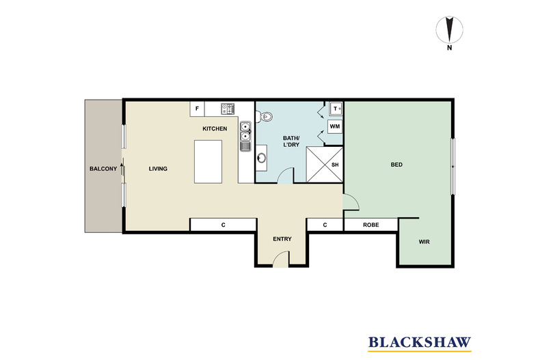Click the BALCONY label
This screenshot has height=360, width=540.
[103, 169]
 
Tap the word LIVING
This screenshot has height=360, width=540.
[158, 169]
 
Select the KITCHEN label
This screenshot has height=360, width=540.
[215, 128]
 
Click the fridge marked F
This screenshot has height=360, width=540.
[198, 109]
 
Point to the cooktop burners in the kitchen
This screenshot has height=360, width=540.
[228, 109]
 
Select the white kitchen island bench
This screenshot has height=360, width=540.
[208, 162]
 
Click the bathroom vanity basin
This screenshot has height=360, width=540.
[262, 158]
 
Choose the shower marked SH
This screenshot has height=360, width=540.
[325, 165]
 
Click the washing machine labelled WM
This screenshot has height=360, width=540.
[335, 126]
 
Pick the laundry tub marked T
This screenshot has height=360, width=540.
[336, 109]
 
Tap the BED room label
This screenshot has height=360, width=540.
[396, 165]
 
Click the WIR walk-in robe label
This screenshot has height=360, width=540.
[424, 242]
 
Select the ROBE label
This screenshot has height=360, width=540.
[371, 225]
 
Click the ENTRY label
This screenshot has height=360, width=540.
[282, 239]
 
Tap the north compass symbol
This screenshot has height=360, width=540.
[449, 30]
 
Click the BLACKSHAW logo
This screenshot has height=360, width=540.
[420, 343]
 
